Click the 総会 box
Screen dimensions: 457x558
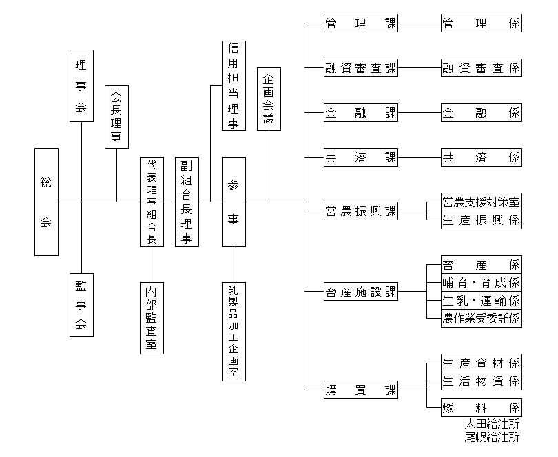pyautogui.click(x=46, y=202)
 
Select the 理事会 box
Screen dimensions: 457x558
pyautogui.click(x=81, y=85)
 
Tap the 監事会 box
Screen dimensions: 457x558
pyautogui.click(x=81, y=304)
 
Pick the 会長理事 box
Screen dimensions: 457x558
pyautogui.click(x=116, y=117)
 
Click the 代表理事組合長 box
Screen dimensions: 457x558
pyautogui.click(x=152, y=202)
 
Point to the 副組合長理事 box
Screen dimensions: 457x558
pyautogui.click(x=187, y=202)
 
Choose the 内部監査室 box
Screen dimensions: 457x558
pyautogui.click(x=152, y=318)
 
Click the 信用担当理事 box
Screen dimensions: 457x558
pyautogui.click(x=234, y=86)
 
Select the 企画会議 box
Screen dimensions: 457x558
pyautogui.click(x=269, y=98)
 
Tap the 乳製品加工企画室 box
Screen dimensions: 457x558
pyautogui.click(x=234, y=331)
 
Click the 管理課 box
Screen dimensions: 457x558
pyautogui.click(x=361, y=24)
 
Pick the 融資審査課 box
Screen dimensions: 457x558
pyautogui.click(x=361, y=68)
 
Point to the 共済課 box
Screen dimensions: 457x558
pyautogui.click(x=361, y=158)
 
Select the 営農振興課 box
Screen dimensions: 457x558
pyautogui.click(x=361, y=211)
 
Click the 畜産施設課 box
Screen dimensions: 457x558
pyautogui.click(x=361, y=291)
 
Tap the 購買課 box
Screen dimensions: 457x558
pyautogui.click(x=361, y=390)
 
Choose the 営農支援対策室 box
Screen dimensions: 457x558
pyautogui.click(x=482, y=202)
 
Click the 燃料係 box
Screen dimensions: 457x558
pyautogui.click(x=482, y=407)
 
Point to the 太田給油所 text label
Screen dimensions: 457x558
pyautogui.click(x=492, y=424)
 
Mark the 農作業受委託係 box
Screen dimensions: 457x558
pyautogui.click(x=482, y=318)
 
